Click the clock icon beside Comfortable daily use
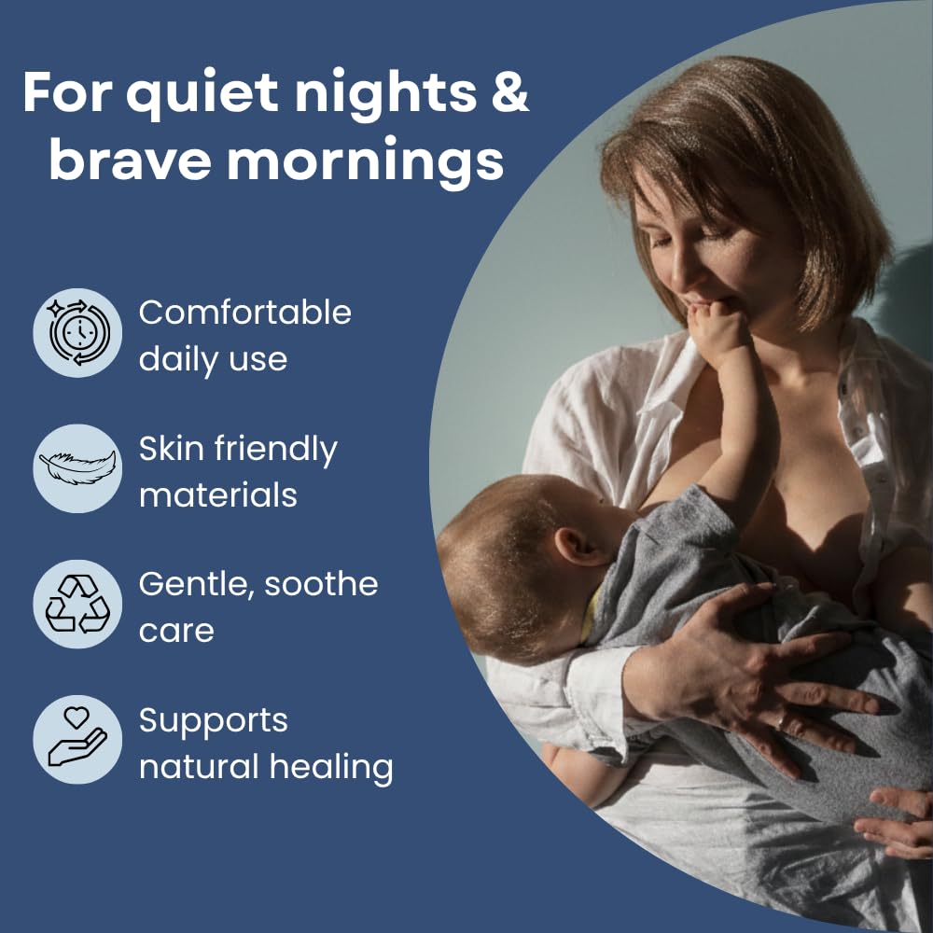[x=77, y=333]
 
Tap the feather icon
[x=77, y=467]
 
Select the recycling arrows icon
[x=77, y=604]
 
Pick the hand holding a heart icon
[x=77, y=738]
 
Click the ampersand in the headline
[x=509, y=92]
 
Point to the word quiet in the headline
[x=202, y=95]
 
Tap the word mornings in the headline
[x=366, y=161]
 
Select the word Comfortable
[x=245, y=313]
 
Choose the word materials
[x=217, y=494]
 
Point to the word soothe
[x=321, y=584]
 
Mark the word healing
[x=331, y=767]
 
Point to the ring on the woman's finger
[x=781, y=723]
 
